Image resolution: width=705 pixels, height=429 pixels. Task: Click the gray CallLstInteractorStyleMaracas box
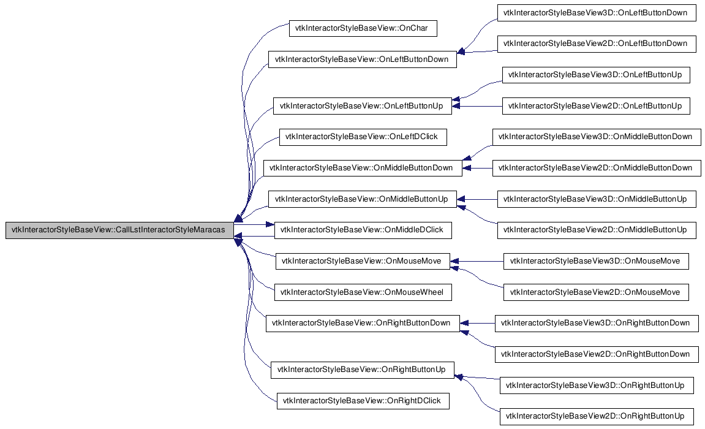(119, 230)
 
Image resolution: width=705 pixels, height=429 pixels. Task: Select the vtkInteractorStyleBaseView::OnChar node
(363, 28)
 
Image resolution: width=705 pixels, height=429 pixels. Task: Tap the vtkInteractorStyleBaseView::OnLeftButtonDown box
(363, 59)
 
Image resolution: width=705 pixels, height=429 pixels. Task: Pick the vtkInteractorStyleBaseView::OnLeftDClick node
(363, 137)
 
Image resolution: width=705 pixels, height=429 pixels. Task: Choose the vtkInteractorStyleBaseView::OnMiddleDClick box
(363, 230)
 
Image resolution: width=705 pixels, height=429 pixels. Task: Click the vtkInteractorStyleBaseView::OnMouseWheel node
(363, 292)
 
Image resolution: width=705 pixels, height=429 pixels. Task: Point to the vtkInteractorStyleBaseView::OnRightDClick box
(363, 401)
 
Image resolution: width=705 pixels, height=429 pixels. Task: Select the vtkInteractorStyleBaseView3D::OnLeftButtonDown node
(597, 13)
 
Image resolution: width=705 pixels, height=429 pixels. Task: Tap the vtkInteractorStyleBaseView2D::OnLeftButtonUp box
(596, 106)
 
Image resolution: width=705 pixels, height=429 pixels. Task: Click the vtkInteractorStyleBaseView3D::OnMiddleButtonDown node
(597, 137)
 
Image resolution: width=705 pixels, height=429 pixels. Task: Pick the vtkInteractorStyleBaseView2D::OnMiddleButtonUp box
(597, 230)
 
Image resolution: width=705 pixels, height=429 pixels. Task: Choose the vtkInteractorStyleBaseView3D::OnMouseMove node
(596, 261)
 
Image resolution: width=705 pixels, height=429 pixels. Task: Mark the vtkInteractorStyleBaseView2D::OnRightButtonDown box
(597, 354)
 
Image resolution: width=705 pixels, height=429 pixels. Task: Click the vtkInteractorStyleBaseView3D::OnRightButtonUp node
(596, 385)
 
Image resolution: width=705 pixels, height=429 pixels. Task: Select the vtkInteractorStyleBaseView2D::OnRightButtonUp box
(596, 416)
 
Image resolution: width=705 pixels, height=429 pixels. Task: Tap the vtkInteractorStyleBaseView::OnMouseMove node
(363, 261)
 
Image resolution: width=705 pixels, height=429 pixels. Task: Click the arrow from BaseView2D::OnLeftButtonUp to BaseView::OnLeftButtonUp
(477, 106)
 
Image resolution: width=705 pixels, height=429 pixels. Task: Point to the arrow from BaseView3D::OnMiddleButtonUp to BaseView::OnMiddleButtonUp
(477, 199)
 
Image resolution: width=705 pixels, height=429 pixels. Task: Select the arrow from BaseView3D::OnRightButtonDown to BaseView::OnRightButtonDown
(477, 324)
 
